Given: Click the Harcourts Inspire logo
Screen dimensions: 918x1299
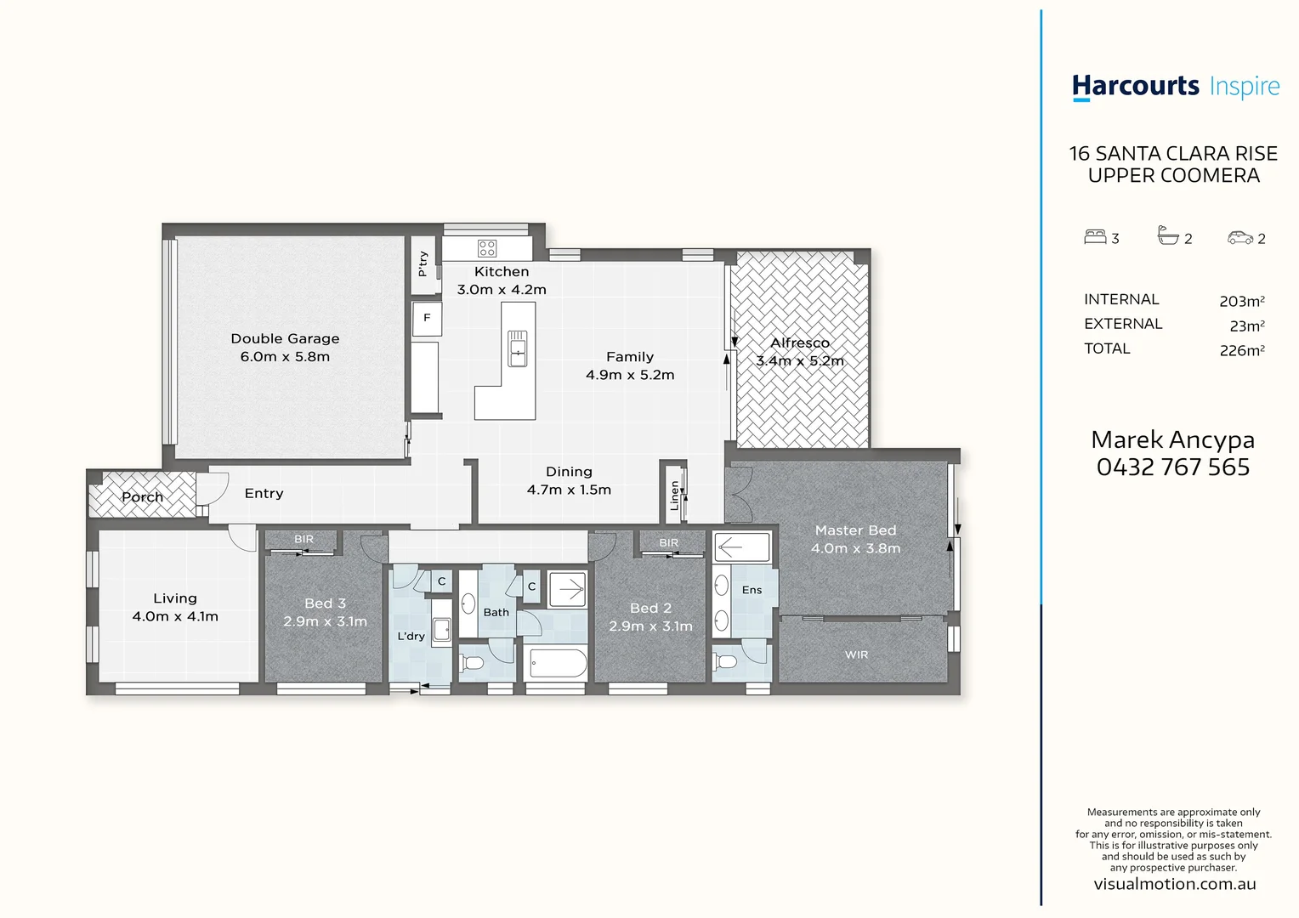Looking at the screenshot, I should tap(1175, 87).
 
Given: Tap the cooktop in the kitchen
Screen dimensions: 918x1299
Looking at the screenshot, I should tap(487, 248).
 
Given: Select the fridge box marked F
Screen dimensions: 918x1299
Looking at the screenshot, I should tap(427, 318).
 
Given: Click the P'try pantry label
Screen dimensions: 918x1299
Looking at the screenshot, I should tap(423, 263).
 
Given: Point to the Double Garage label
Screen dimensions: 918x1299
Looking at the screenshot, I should tap(285, 338).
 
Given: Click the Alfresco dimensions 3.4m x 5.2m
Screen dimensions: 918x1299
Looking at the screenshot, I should tap(800, 361).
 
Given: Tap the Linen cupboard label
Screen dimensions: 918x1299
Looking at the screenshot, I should tap(675, 495).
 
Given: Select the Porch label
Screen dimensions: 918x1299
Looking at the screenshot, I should tap(142, 497).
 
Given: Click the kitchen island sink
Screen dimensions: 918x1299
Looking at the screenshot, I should tap(517, 348).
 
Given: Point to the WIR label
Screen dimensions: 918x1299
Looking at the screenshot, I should tap(856, 654).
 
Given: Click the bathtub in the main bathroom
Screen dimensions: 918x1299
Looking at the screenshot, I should tap(557, 663).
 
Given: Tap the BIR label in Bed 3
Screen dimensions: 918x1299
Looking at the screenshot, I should tap(303, 539).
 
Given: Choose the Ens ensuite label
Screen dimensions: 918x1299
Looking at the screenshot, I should tap(752, 590).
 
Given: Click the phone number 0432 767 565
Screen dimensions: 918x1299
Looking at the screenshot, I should tap(1173, 467).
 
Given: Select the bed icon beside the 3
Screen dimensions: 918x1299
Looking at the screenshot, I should tap(1095, 237).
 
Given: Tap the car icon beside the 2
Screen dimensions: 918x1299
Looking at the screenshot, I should tap(1240, 238).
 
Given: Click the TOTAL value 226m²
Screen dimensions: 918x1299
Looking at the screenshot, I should tap(1241, 350).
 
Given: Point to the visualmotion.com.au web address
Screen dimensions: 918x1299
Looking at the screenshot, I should tap(1174, 884).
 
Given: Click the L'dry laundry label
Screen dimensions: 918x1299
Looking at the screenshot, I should tap(411, 636).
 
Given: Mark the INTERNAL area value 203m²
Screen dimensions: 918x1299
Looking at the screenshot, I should tap(1241, 301).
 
